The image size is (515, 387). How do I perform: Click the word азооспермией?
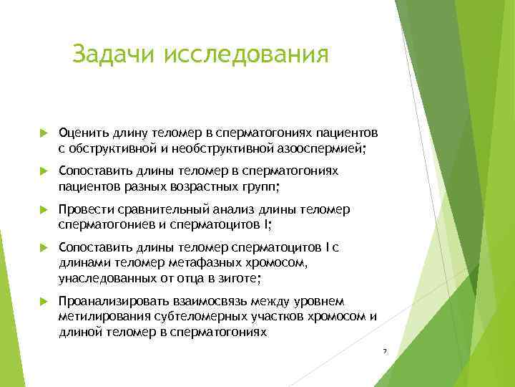click(323, 148)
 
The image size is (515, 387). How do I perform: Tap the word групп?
click(257, 187)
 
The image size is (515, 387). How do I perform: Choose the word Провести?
click(84, 209)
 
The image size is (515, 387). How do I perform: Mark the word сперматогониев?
click(104, 225)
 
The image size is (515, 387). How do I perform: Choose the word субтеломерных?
click(189, 317)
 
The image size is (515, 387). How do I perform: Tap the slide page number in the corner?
click(384, 351)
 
